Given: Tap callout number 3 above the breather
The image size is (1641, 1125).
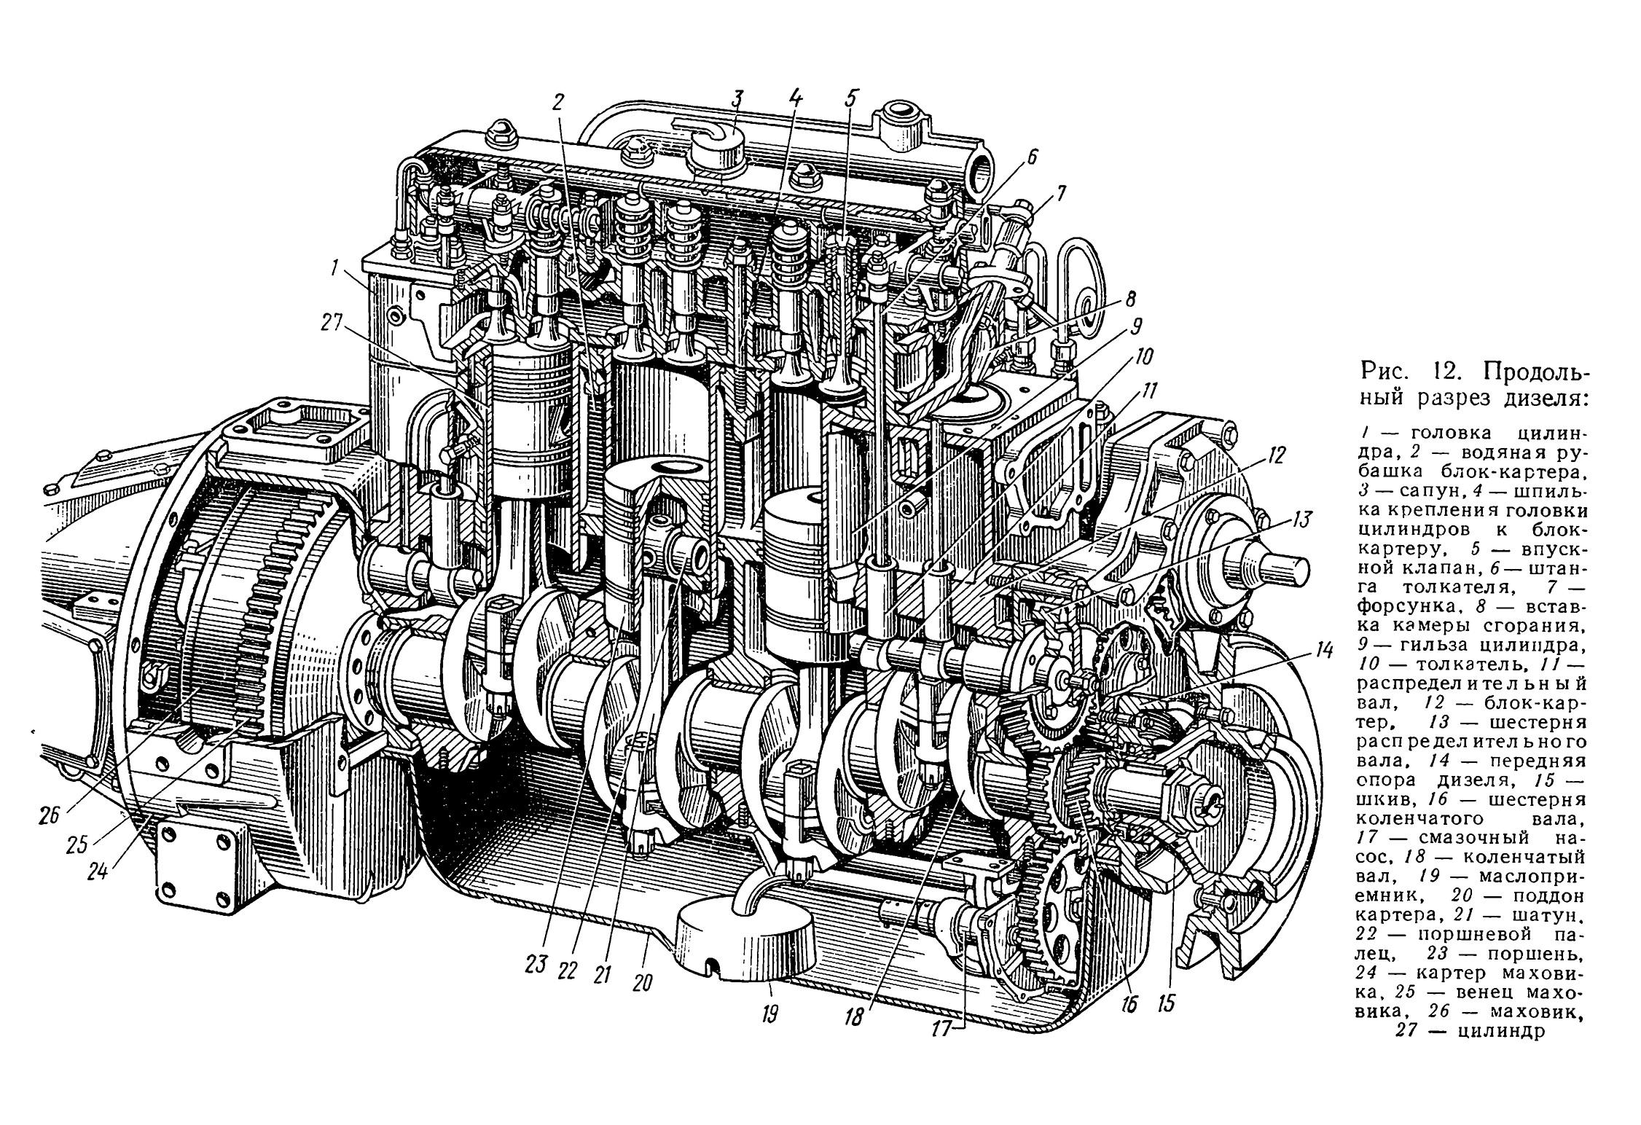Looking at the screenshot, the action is (x=738, y=98).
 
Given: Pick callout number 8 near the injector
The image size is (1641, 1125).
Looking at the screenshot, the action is (x=1129, y=299).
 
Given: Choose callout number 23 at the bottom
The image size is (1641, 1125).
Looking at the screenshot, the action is (x=536, y=966).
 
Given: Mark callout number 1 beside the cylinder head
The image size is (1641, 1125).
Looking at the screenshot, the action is (x=334, y=270).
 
